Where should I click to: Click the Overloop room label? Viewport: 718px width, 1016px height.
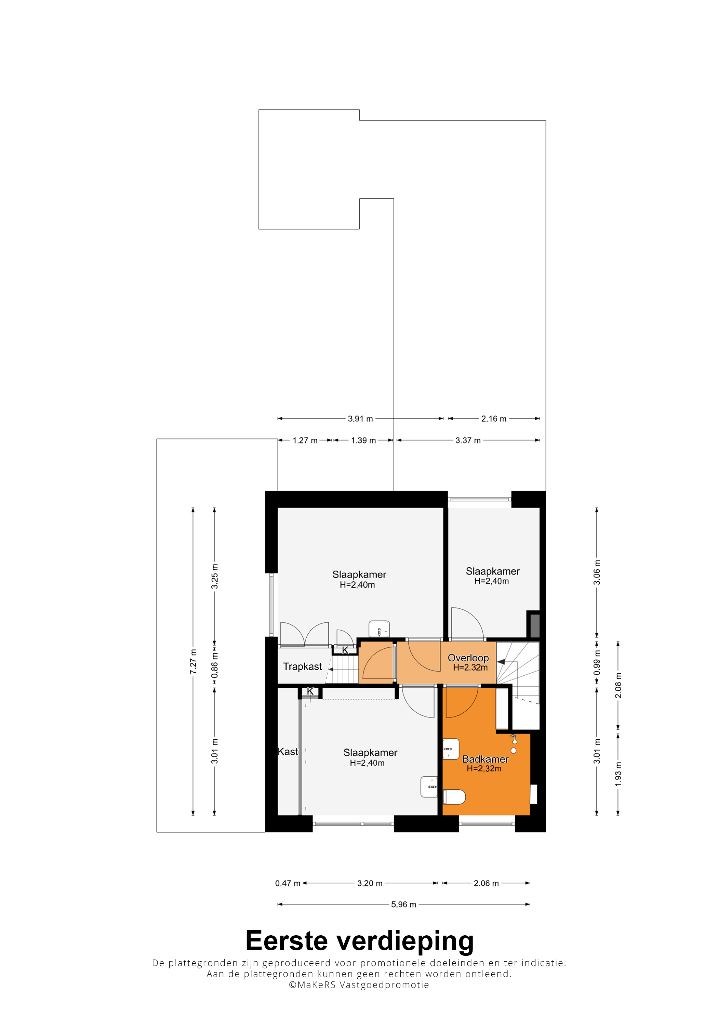468,658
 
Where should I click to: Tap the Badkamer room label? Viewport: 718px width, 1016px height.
485,759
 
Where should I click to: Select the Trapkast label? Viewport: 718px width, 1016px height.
303,667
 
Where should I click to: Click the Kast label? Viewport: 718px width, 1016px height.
288,751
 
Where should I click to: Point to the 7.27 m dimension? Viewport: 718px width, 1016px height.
193,662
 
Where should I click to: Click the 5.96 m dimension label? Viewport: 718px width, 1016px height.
403,904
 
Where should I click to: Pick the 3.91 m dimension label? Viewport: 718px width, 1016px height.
360,419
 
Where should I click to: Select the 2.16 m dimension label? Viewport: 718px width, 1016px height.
494,419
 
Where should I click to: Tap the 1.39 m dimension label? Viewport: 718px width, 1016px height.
363,440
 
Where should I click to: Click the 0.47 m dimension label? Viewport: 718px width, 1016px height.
288,883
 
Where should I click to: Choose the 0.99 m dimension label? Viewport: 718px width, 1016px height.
597,662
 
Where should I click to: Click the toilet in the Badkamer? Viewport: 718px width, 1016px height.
454,797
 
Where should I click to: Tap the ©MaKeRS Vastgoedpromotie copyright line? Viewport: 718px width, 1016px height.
359,985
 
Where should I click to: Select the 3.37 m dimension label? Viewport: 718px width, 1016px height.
468,440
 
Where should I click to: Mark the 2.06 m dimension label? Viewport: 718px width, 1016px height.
486,883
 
